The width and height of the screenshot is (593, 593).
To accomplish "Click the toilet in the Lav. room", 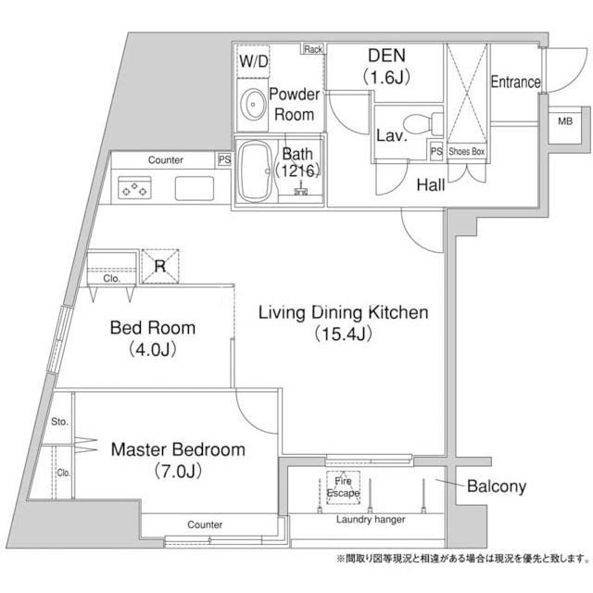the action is [423, 124].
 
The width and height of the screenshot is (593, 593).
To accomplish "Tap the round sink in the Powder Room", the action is [253, 105].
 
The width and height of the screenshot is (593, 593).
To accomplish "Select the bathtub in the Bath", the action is [256, 172].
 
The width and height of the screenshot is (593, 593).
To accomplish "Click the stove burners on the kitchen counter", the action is [134, 188].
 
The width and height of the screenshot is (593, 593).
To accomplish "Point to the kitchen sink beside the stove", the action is [195, 188].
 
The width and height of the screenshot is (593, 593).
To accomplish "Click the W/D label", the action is [253, 61].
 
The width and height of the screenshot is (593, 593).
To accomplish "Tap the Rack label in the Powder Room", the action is [313, 49].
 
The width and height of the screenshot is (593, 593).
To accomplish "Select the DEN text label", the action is [386, 56].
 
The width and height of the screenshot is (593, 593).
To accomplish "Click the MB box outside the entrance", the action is [565, 125].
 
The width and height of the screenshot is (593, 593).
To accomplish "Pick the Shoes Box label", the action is [467, 152].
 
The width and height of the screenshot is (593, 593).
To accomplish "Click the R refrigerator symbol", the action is [160, 266].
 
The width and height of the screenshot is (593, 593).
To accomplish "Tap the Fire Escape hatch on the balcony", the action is [343, 487].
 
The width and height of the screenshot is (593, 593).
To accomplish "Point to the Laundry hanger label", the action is [371, 520].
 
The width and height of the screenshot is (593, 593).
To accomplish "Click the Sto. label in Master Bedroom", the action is [59, 422].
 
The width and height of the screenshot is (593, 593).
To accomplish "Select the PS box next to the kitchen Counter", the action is [224, 160].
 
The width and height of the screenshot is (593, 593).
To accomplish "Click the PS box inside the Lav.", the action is [436, 151].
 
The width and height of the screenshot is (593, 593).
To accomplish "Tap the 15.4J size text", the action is [343, 334].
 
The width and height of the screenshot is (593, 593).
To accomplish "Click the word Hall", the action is [431, 185].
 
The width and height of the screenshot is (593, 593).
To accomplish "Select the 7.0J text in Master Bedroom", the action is [178, 472].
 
